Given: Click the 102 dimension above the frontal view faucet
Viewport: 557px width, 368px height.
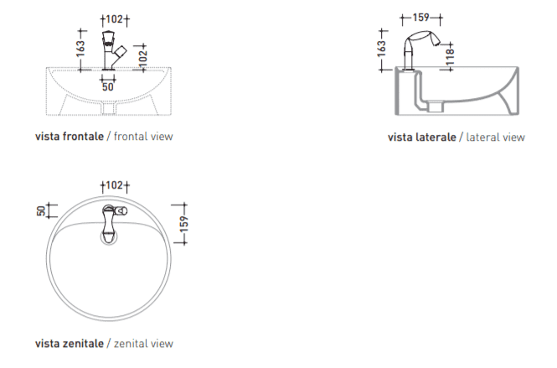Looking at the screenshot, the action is [x=115, y=18].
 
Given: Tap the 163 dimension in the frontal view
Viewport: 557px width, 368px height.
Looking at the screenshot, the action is [x=80, y=49].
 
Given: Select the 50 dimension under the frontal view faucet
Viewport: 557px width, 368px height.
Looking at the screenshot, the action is [x=108, y=86].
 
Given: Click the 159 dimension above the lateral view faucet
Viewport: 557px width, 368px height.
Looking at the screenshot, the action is [x=421, y=18].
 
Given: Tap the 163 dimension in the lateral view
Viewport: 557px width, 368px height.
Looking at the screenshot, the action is [x=381, y=49].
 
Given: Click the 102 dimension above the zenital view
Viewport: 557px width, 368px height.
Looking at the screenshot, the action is [x=115, y=185].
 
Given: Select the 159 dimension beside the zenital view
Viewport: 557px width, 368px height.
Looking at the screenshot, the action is [x=183, y=224].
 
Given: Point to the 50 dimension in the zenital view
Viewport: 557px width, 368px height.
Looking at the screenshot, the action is [x=41, y=211].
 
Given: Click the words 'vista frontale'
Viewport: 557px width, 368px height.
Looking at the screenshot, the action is [x=70, y=136].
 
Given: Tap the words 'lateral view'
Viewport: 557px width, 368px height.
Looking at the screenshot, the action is [x=496, y=137].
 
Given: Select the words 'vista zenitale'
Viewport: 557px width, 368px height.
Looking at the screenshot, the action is [x=70, y=344].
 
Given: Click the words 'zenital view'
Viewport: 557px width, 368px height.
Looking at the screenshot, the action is [x=143, y=344].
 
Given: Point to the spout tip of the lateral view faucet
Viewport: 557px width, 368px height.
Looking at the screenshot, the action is [x=436, y=42].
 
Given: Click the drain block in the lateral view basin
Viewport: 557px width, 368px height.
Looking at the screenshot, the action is [x=436, y=106].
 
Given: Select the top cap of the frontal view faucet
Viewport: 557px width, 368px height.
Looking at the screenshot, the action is [x=109, y=35].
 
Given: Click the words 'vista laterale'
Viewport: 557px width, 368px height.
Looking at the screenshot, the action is [x=422, y=137].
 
